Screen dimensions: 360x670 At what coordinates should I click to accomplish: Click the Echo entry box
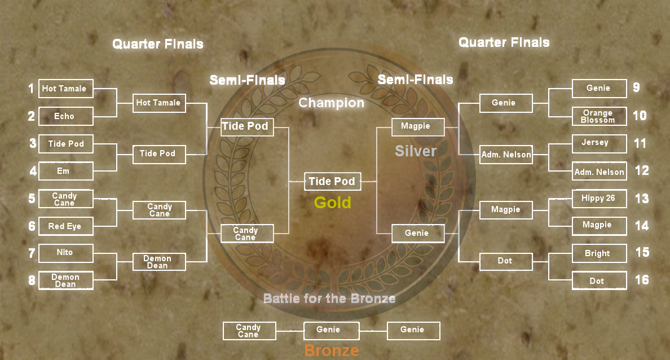(x=65, y=116)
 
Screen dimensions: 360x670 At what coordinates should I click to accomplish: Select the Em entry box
(x=65, y=171)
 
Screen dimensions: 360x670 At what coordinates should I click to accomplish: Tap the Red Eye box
(x=65, y=226)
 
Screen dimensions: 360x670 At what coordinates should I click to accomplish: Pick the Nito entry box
(x=65, y=252)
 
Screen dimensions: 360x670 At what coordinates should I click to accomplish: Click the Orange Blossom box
(x=598, y=116)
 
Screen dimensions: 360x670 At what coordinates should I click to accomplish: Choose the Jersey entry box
(x=598, y=143)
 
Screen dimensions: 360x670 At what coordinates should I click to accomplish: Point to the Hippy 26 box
(x=598, y=199)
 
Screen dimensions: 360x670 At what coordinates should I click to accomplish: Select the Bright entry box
(x=598, y=253)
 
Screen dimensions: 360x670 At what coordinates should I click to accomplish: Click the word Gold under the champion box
(x=332, y=203)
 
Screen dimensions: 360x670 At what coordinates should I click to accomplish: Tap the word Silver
(x=416, y=151)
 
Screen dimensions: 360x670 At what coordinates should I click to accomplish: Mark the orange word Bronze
(x=331, y=350)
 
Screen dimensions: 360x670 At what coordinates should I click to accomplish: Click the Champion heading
(x=331, y=103)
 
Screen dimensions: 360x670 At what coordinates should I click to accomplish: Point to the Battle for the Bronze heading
(x=329, y=298)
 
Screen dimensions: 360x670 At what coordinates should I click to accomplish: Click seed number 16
(x=642, y=280)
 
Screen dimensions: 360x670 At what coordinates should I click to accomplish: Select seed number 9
(x=636, y=87)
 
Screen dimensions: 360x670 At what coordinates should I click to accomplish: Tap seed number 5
(x=32, y=199)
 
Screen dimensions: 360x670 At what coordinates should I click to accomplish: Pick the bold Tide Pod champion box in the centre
(x=332, y=182)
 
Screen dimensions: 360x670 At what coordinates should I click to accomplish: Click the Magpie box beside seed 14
(x=598, y=225)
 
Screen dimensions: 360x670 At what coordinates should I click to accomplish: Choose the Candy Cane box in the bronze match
(x=249, y=331)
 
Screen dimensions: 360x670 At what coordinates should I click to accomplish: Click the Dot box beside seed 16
(x=598, y=280)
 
